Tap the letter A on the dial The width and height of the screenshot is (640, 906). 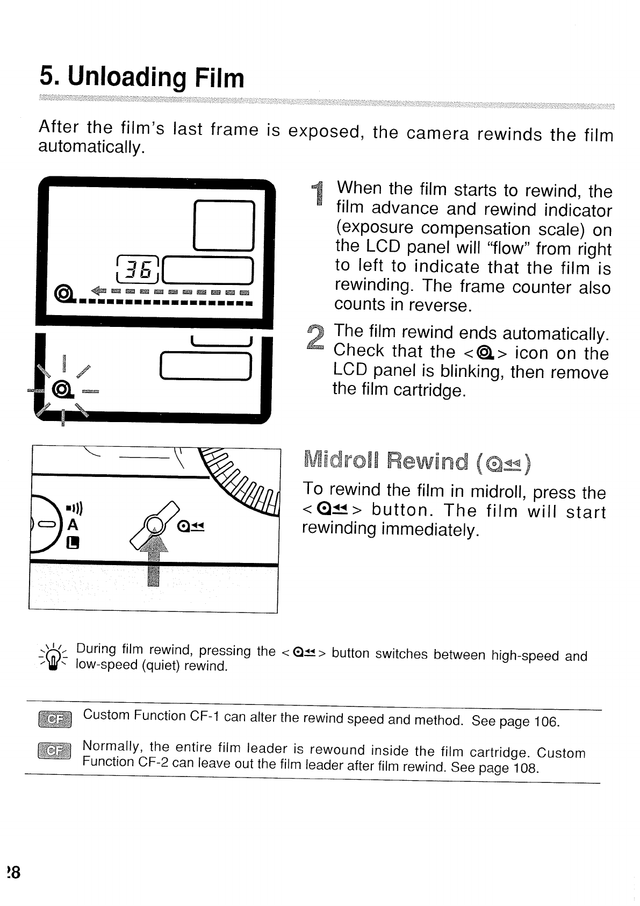[73, 524]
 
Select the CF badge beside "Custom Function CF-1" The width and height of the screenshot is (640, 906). [54, 719]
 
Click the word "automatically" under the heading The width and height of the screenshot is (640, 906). [90, 147]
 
